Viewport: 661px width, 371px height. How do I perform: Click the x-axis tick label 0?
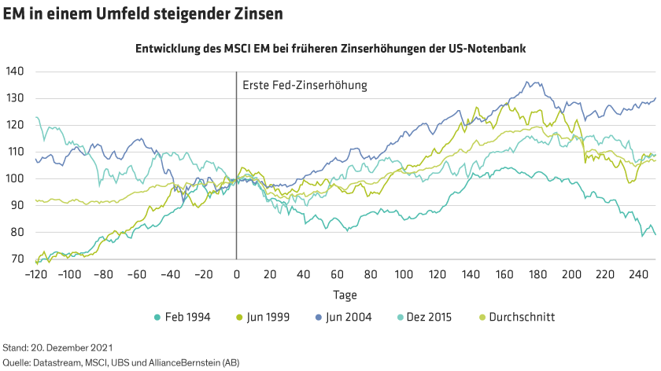coord(237,274)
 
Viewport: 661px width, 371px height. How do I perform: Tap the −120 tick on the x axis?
coord(35,274)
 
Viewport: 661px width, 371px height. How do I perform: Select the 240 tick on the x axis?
coord(638,274)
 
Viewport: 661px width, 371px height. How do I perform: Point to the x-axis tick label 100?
coord(404,274)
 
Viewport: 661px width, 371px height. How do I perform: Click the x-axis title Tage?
coord(344,295)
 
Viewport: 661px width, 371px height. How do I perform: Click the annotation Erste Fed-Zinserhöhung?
coord(305,85)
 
